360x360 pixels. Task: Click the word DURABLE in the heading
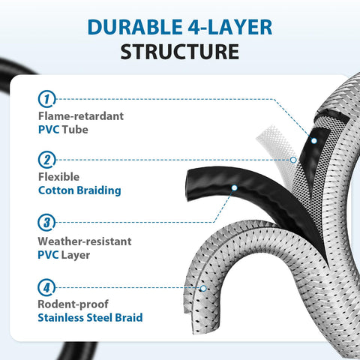(135, 27)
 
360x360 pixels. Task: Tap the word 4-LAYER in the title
(230, 27)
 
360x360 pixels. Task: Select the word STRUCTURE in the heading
(180, 52)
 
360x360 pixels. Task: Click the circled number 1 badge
(46, 99)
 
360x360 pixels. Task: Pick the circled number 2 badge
(46, 160)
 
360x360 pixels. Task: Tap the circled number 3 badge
(46, 222)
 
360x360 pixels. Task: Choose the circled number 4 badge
(46, 287)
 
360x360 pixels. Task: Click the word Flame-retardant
(81, 116)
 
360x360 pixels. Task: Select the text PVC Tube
(63, 130)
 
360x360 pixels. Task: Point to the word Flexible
(59, 177)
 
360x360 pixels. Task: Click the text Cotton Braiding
(79, 190)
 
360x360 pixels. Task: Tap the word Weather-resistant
(85, 241)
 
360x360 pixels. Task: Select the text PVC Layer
(64, 255)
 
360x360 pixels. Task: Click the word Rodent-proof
(73, 304)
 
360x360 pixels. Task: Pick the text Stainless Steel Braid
(90, 318)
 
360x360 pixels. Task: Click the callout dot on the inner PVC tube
(314, 141)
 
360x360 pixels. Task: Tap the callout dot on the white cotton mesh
(293, 160)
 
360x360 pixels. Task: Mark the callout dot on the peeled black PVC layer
(234, 187)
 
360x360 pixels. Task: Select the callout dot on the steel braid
(203, 289)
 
